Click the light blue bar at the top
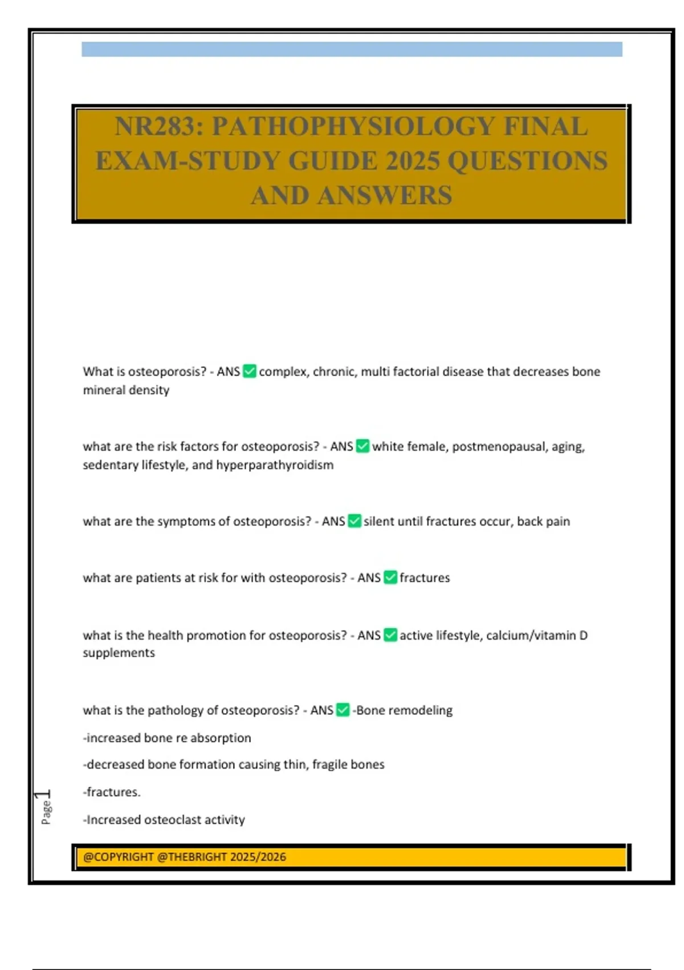point(352,49)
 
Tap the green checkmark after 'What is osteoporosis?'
point(250,371)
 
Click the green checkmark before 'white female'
point(363,446)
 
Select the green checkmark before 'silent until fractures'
point(355,521)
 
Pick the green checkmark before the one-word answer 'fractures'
point(390,577)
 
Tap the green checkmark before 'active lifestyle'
point(390,635)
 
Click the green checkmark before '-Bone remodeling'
point(343,710)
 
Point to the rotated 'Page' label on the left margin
point(46,813)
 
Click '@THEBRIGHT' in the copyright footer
point(192,856)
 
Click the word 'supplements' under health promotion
point(119,653)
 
